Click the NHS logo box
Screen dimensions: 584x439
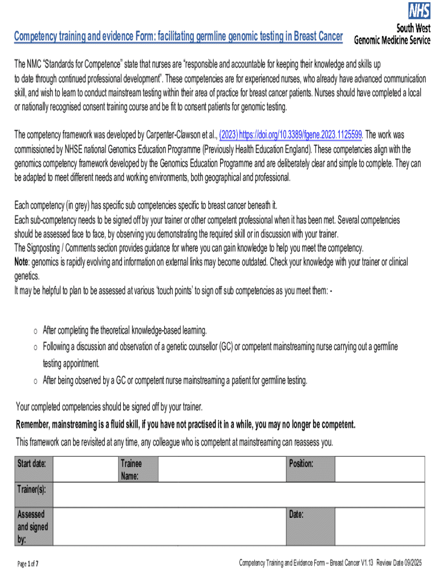[418, 10]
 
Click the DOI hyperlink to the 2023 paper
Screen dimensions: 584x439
[291, 135]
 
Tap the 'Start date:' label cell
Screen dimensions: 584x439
[32, 463]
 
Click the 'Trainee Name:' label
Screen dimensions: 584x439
[131, 469]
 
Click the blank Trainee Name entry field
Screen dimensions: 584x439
[222, 469]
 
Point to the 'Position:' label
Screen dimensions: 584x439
[301, 463]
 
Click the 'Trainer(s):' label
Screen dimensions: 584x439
[32, 489]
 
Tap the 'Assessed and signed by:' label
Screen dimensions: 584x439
[32, 526]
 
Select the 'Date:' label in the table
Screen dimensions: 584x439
[296, 514]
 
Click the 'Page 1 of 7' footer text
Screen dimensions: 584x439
[28, 564]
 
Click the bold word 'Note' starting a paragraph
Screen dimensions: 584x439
[21, 262]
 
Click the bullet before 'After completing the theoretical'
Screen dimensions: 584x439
[35, 331]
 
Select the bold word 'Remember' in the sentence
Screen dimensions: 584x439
[32, 425]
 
